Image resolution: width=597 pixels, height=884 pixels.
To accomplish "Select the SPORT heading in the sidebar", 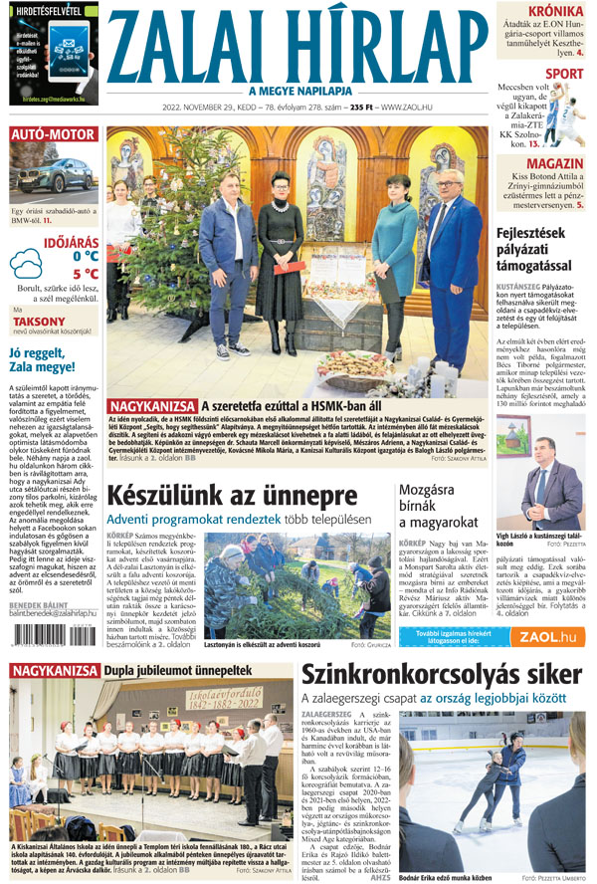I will pyautogui.click(x=563, y=74).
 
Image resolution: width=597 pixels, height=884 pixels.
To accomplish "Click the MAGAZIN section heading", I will pyautogui.click(x=554, y=164).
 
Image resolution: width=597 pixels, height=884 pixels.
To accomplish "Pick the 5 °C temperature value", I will pyautogui.click(x=85, y=274).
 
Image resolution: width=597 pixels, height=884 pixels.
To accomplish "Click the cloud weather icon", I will pyautogui.click(x=26, y=265).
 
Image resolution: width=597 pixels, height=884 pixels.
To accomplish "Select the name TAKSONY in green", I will pyautogui.click(x=40, y=322).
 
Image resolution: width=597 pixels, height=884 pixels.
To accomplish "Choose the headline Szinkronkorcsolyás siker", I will pyautogui.click(x=443, y=675).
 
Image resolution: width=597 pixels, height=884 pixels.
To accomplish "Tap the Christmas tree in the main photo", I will pyautogui.click(x=160, y=249).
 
